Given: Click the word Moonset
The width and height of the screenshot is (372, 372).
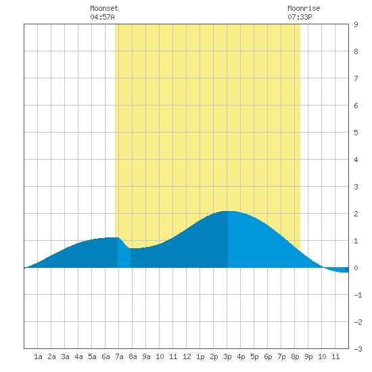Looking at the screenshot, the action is click(x=104, y=8).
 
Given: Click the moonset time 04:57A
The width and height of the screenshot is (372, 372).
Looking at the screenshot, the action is click(x=103, y=17).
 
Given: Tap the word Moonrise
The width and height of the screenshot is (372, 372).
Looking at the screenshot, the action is click(x=304, y=8).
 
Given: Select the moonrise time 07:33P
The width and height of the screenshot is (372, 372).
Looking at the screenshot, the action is click(x=300, y=17).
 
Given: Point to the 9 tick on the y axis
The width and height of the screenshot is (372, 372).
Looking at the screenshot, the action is click(x=356, y=24).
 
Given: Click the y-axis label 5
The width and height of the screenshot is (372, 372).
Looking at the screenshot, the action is click(x=356, y=133).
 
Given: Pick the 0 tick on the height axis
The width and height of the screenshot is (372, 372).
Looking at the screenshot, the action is click(x=356, y=268).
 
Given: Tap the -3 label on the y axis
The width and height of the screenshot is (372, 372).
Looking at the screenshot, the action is click(x=358, y=349).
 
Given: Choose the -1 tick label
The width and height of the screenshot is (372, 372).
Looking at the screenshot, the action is click(x=358, y=295).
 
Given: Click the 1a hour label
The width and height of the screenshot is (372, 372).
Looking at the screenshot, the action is click(x=38, y=356).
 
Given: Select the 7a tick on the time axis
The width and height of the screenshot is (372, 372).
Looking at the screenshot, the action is click(x=119, y=356).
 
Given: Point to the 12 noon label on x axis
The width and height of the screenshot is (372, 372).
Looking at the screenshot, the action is click(x=187, y=356).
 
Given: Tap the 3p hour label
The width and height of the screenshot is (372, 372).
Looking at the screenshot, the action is click(x=227, y=356).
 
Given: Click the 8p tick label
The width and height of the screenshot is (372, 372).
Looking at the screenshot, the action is click(x=295, y=356).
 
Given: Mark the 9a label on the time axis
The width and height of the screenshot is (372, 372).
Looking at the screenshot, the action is click(x=146, y=356).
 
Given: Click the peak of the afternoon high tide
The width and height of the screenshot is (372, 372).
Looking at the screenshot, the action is click(x=228, y=211).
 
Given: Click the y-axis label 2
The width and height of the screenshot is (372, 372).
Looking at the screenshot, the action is click(x=356, y=214).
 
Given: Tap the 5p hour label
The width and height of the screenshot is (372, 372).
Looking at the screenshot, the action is click(x=254, y=356).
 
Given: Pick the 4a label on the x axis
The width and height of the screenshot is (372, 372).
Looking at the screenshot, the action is click(x=78, y=356).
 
